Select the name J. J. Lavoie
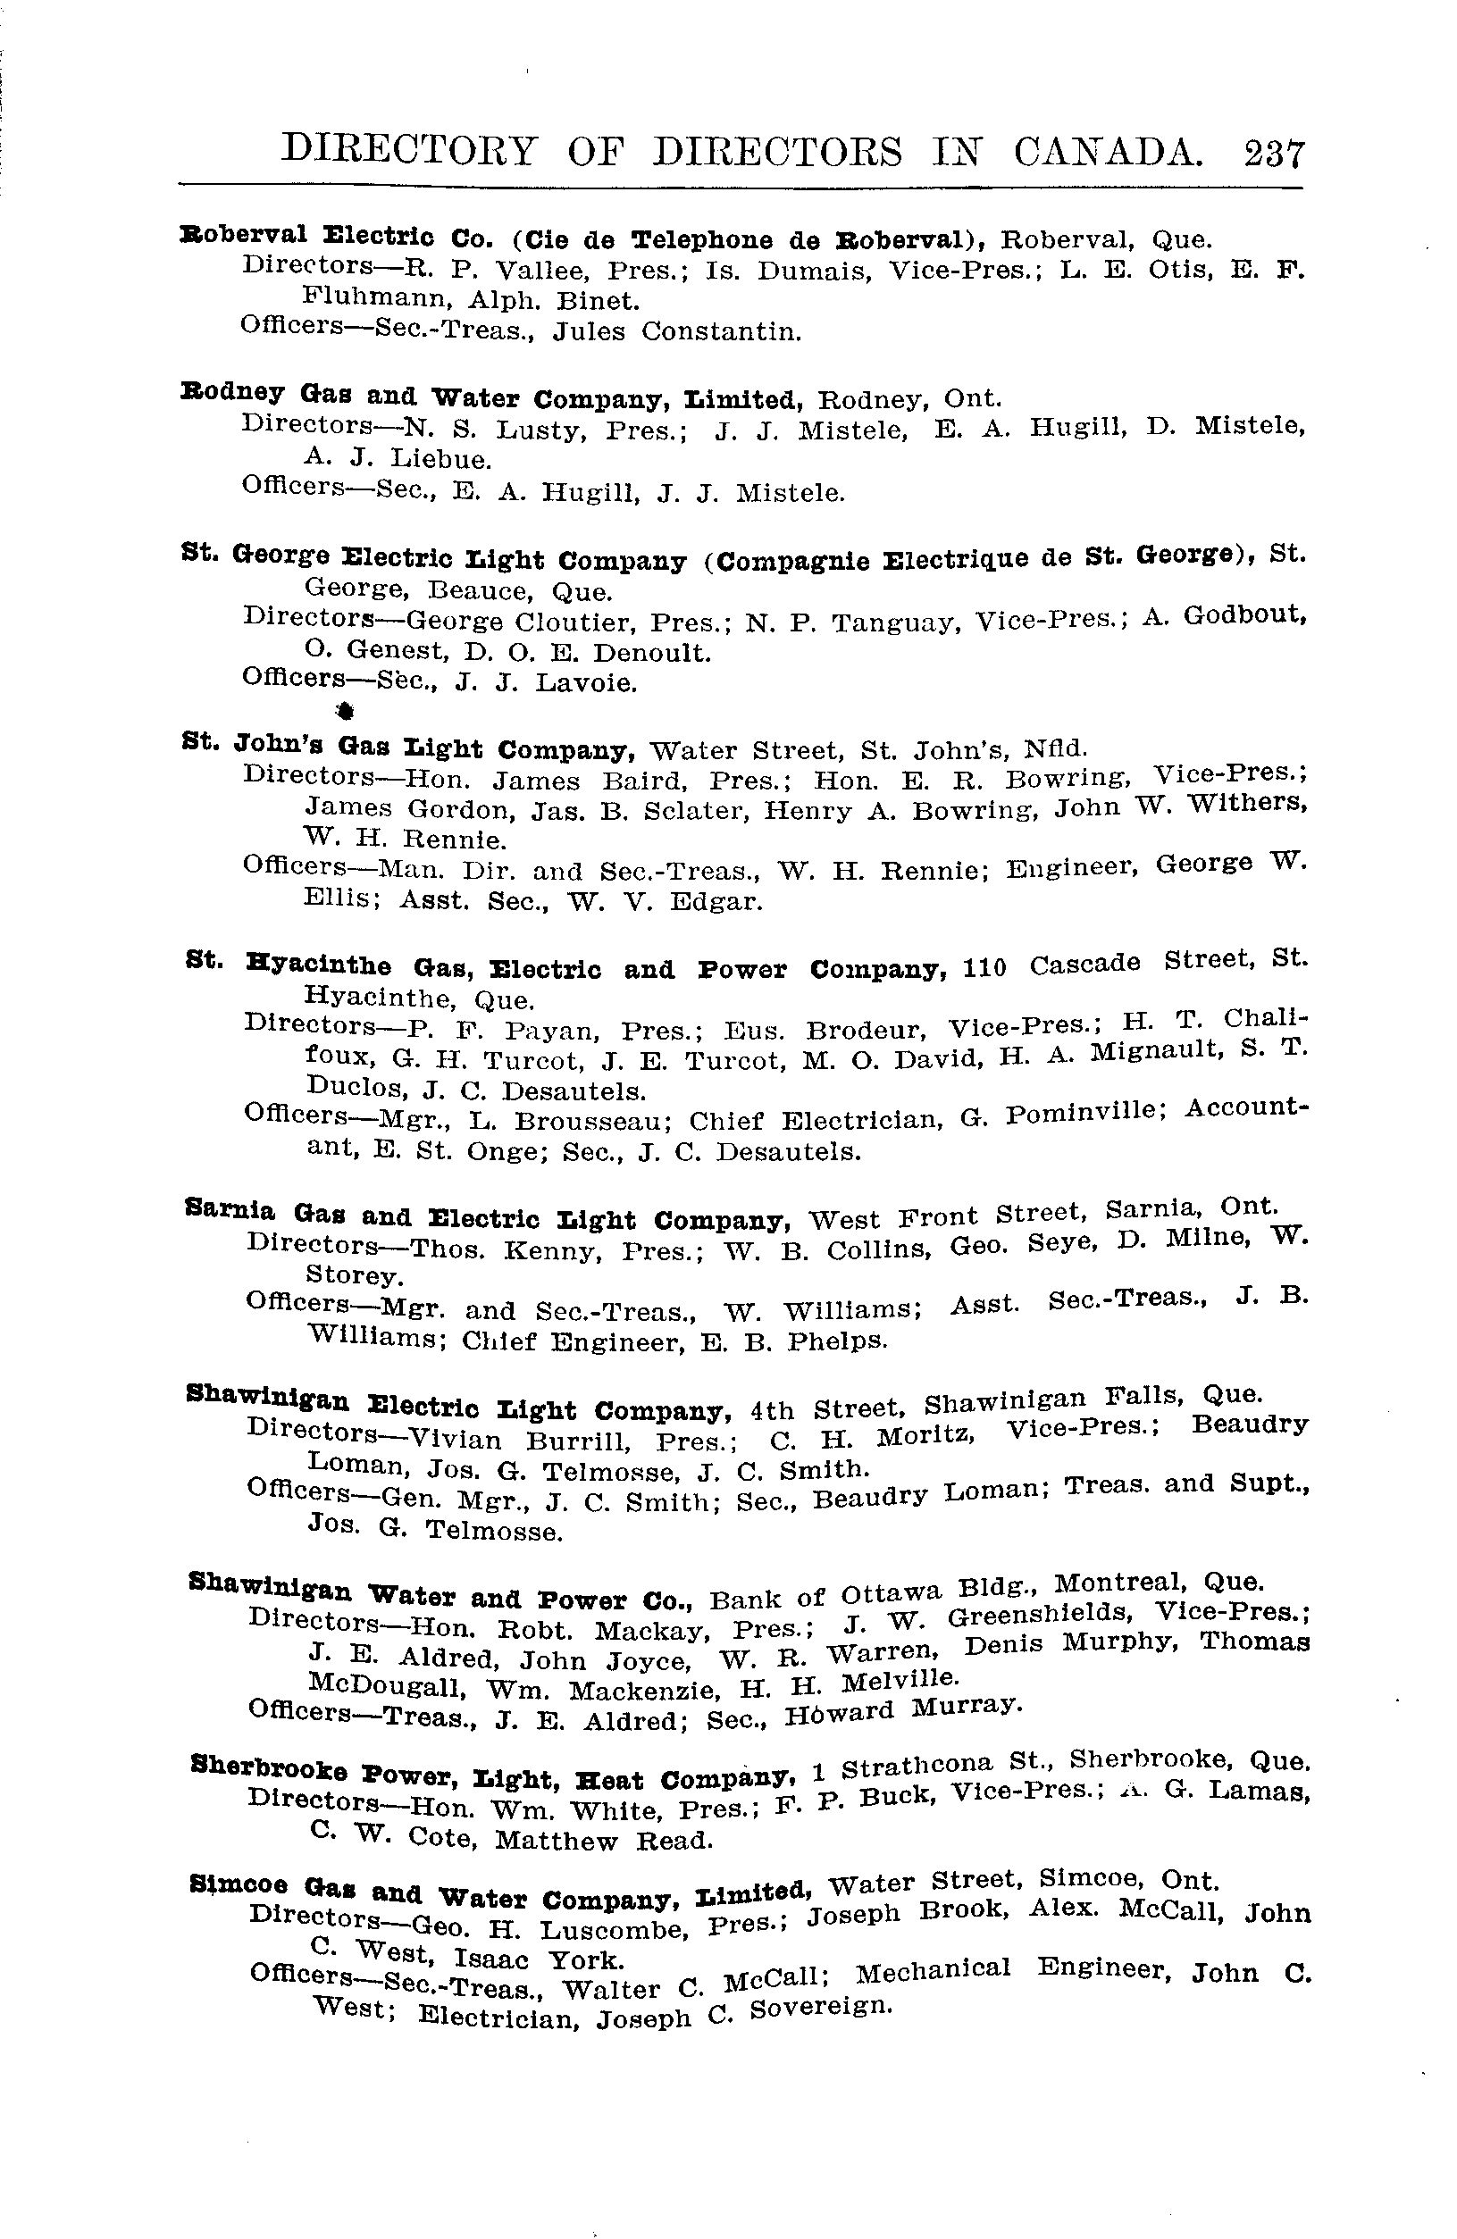[x=546, y=682]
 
